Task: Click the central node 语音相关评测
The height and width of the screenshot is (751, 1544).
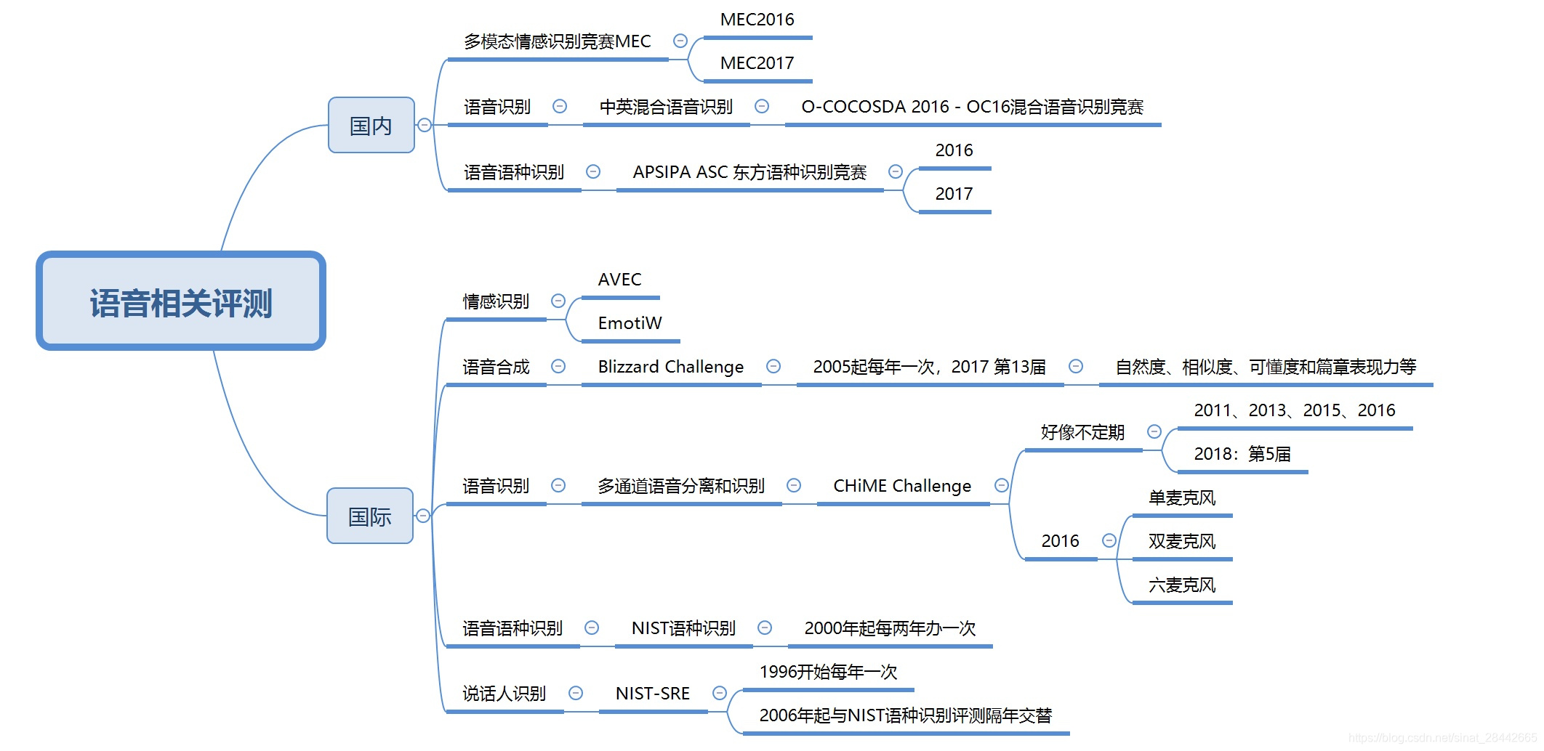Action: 181,301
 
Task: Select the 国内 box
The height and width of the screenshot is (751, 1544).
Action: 371,126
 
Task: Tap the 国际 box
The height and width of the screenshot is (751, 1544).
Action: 369,516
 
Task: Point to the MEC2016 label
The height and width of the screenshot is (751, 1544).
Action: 757,20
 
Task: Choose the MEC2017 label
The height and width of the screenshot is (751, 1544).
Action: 757,64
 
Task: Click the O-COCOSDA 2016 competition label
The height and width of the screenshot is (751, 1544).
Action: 972,107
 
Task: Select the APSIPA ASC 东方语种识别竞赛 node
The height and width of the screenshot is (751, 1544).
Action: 749,173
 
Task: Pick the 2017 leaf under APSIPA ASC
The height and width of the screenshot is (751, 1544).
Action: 954,195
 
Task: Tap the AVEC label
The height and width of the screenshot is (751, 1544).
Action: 619,280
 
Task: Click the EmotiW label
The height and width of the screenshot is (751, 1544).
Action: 630,324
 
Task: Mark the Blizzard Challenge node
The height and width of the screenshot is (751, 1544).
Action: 670,368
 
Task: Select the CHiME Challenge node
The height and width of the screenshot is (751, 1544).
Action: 901,487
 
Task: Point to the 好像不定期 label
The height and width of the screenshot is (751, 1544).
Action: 1082,433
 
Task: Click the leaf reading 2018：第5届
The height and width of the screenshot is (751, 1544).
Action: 1242,455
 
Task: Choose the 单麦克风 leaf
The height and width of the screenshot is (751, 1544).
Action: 1181,498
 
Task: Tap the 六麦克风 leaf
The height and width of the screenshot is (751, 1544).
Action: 1181,585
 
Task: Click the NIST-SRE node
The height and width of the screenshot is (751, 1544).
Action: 652,694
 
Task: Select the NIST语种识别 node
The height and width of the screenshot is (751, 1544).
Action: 683,629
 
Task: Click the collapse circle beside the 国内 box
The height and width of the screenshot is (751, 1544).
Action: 425,126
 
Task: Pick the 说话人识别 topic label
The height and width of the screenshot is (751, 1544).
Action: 504,694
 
